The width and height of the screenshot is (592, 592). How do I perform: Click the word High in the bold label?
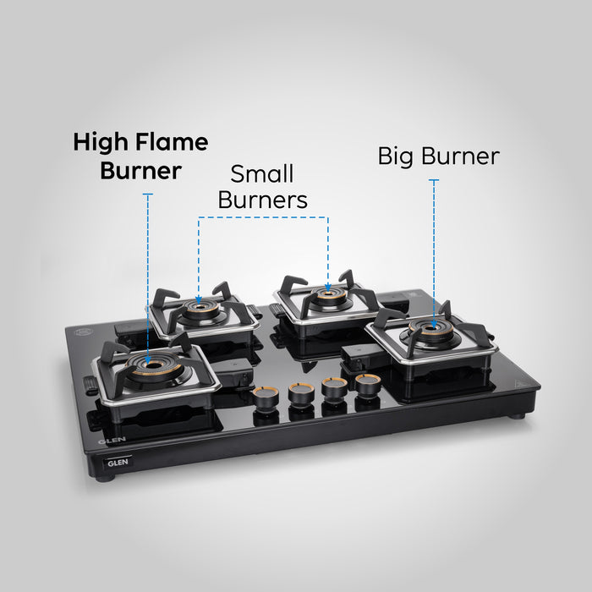tap(101, 144)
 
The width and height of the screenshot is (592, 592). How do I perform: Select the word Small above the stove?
tap(262, 174)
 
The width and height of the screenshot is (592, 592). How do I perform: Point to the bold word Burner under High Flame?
tap(141, 171)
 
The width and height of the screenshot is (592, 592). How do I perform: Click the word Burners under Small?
tap(263, 200)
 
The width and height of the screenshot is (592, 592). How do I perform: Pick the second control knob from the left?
tap(301, 394)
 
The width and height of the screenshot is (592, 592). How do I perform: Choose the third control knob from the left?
tap(335, 389)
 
